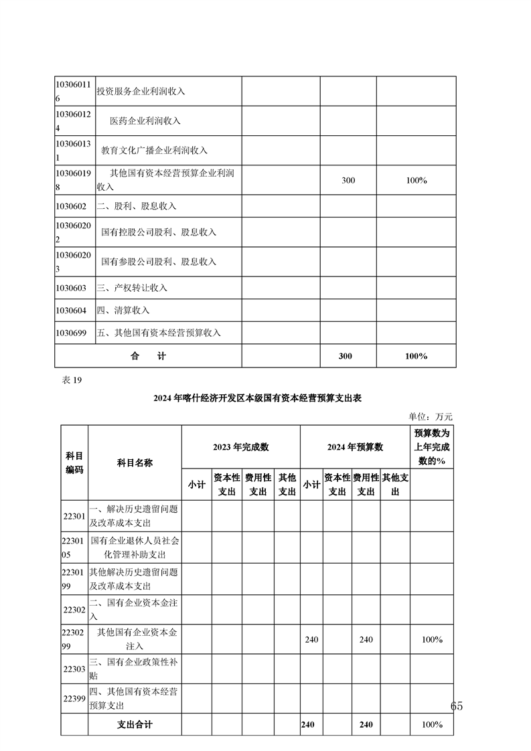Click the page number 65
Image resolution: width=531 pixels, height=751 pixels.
[457, 706]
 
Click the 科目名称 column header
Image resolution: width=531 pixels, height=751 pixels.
[135, 463]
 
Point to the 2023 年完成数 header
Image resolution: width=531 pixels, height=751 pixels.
[240, 447]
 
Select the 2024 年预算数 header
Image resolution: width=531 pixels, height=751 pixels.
[354, 447]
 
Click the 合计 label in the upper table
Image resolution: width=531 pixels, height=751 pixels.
[148, 356]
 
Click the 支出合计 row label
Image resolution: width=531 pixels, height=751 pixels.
[135, 725]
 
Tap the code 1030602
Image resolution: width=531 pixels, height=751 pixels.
[71, 206]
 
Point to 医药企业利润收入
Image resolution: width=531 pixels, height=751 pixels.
[145, 121]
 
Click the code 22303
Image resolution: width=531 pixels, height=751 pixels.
[74, 669]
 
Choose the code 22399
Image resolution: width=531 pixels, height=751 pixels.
[74, 698]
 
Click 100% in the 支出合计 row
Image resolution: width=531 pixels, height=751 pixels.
[432, 725]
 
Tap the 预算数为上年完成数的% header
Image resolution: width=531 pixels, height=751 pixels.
[432, 447]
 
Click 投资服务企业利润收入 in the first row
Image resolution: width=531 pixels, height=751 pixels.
[141, 91]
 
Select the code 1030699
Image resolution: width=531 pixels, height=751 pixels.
[71, 333]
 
